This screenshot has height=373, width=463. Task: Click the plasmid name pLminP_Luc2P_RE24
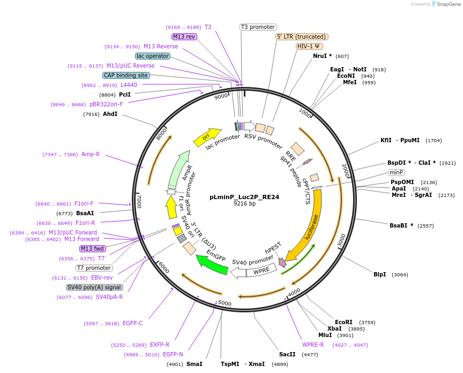[244, 197]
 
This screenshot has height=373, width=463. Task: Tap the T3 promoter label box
[258, 27]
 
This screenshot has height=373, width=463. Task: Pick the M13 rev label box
[184, 36]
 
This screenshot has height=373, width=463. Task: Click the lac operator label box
[153, 56]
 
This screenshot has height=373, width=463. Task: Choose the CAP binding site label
[126, 76]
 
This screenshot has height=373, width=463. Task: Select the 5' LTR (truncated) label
[302, 36]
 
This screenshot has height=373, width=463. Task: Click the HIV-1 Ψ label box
[310, 46]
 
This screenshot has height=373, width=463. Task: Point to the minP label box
[397, 172]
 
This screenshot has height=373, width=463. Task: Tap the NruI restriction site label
[323, 56]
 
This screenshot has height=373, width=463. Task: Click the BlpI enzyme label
[380, 274]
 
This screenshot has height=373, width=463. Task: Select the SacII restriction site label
[287, 354]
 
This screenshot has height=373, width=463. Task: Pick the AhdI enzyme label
[110, 114]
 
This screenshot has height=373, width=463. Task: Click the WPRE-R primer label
[313, 345]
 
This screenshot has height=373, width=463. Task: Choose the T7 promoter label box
[94, 268]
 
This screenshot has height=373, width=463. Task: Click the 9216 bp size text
[244, 204]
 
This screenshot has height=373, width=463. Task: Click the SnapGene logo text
[449, 4]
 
